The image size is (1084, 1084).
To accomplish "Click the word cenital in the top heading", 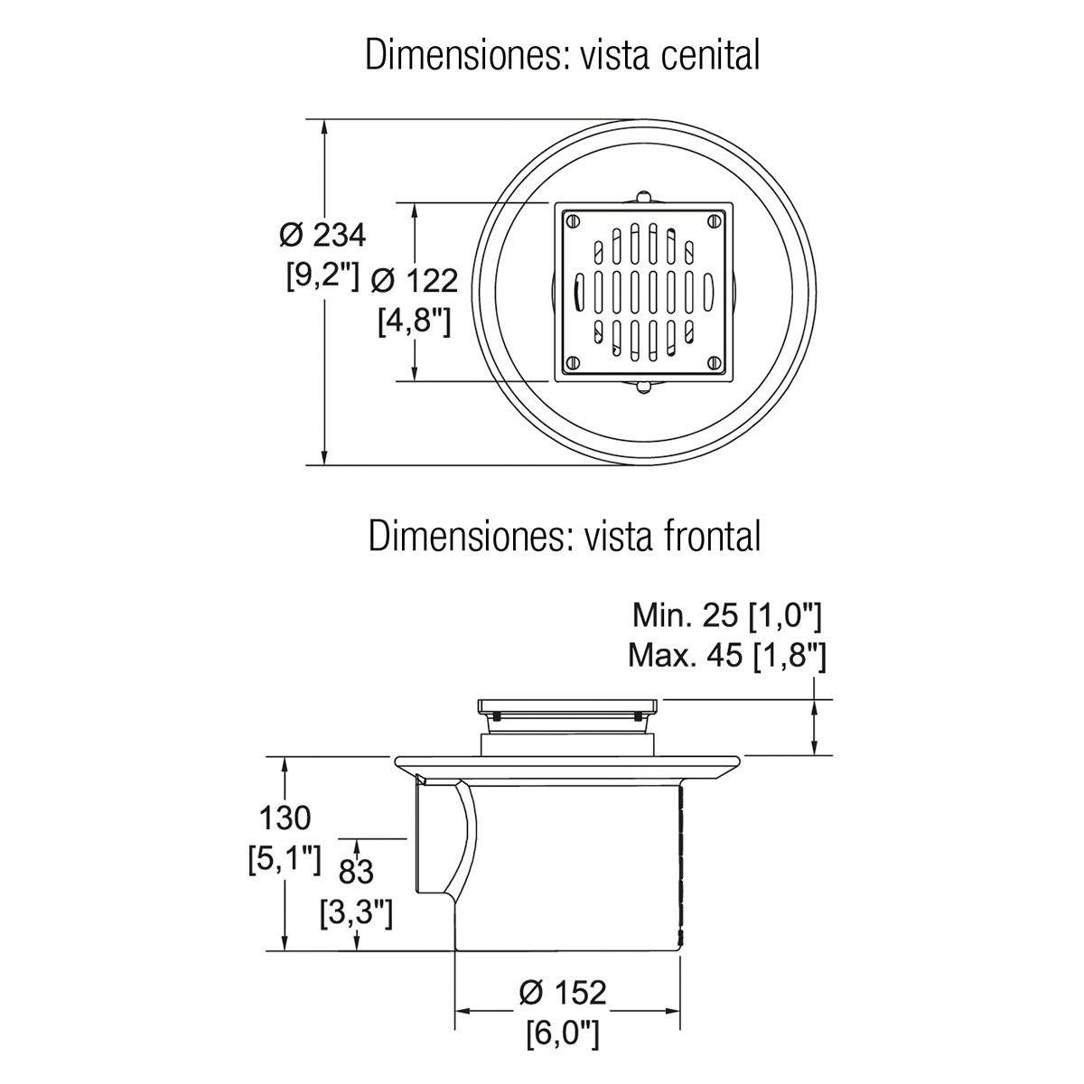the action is pos(711,55).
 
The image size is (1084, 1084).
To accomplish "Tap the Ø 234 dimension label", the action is pos(322,235).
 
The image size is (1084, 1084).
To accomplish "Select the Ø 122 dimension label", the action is pos(415,281).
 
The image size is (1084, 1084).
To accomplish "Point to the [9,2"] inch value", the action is pos(322,276).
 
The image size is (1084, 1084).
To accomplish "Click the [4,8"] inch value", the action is pos(415,322).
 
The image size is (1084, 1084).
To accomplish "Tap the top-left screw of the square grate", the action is pos(573,220).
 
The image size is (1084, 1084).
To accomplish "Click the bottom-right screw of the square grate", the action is pos(715,363).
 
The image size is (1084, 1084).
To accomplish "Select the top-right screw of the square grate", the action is pos(715,220).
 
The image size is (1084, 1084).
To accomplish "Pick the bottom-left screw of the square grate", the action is pos(573,363).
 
